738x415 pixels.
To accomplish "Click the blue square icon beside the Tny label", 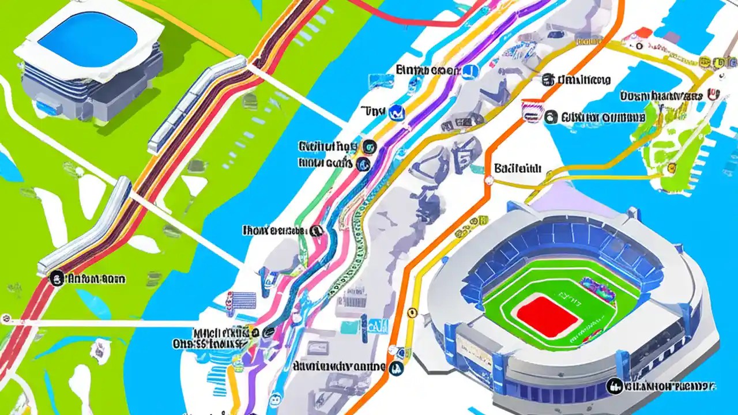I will (x=397, y=111).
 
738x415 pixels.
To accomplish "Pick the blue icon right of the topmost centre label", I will (x=470, y=71).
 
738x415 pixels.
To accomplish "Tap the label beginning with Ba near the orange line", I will (x=517, y=168).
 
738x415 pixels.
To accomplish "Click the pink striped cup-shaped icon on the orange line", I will (x=529, y=110).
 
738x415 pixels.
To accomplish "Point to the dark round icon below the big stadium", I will (x=615, y=385).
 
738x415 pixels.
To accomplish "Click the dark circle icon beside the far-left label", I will (x=57, y=279).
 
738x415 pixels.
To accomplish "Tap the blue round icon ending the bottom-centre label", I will (x=396, y=368).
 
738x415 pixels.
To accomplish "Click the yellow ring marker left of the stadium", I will (x=412, y=312).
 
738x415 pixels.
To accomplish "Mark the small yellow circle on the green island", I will (x=671, y=168).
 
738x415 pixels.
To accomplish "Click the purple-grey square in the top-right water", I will (x=671, y=37).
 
